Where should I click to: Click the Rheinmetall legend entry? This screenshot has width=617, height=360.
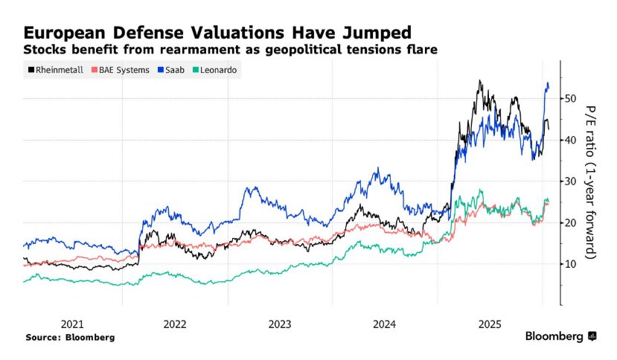click(54, 70)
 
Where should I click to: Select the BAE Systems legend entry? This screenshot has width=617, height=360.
click(120, 70)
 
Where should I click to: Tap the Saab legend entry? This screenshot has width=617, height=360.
click(173, 70)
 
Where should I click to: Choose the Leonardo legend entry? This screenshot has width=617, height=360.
click(218, 70)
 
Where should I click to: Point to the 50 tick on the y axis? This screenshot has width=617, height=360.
click(572, 98)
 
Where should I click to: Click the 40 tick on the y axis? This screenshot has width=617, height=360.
click(572, 140)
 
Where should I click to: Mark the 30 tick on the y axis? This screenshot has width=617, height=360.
click(572, 181)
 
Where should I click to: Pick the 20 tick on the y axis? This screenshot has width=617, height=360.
click(572, 222)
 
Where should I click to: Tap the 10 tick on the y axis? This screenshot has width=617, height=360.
click(572, 264)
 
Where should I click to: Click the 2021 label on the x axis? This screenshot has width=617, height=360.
click(71, 324)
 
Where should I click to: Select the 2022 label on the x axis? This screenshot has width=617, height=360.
click(176, 324)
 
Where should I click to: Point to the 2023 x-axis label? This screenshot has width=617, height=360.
click(280, 324)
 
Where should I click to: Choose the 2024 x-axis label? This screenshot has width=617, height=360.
click(385, 324)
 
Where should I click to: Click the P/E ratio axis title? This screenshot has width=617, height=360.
click(592, 181)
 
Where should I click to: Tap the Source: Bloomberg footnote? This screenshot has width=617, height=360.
click(70, 337)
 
